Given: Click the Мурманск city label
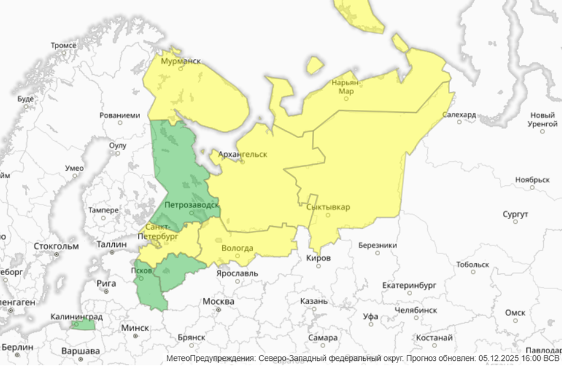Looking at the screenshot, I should pyautogui.click(x=180, y=62).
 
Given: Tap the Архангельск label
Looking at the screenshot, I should pyautogui.click(x=242, y=154).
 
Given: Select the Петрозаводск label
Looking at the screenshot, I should pyautogui.click(x=191, y=205).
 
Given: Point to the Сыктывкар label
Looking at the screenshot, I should pyautogui.click(x=328, y=208).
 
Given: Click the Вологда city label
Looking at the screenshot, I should pyautogui.click(x=237, y=248).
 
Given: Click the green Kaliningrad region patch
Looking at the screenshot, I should pyautogui.click(x=83, y=325).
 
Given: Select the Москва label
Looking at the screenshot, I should pyautogui.click(x=218, y=301).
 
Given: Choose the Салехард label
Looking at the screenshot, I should pyautogui.click(x=459, y=115).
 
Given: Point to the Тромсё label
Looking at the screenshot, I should pyautogui.click(x=63, y=45).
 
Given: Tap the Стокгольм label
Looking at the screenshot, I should pyautogui.click(x=57, y=246).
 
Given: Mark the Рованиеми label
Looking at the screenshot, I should pyautogui.click(x=120, y=115).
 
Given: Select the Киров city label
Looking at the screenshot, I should pyautogui.click(x=319, y=258).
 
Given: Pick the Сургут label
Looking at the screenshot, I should pyautogui.click(x=515, y=214).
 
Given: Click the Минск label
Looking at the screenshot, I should pyautogui.click(x=135, y=328).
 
